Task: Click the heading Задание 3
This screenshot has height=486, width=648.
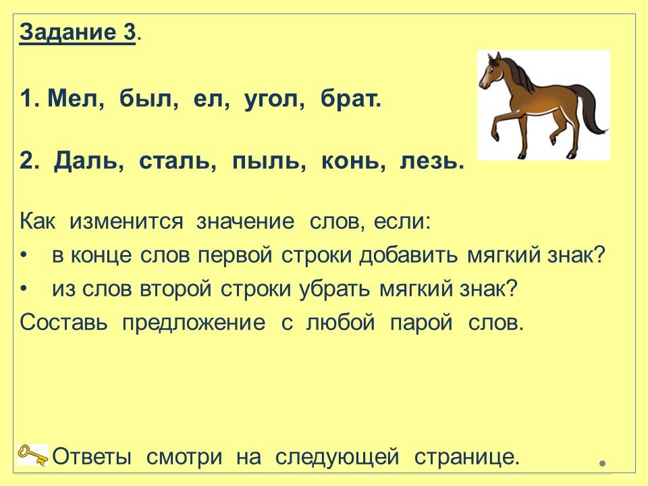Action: point(77,32)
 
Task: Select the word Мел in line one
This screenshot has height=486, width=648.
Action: point(74,99)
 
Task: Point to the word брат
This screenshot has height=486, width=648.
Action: point(349,99)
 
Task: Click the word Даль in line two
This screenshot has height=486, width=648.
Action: point(87,161)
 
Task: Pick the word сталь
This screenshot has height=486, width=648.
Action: point(176,161)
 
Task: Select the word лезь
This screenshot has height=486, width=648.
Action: point(429,161)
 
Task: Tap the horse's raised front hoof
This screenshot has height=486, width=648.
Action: point(495,136)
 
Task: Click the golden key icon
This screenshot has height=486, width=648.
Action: point(32,454)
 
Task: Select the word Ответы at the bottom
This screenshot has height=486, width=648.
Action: point(92,457)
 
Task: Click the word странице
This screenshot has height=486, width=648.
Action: point(466,457)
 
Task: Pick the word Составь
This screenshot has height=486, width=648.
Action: point(63,323)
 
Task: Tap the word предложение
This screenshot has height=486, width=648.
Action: point(194,323)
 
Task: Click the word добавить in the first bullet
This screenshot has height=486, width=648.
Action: point(408,255)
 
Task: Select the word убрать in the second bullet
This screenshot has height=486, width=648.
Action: point(334,288)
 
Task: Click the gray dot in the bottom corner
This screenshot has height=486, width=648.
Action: point(603,464)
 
